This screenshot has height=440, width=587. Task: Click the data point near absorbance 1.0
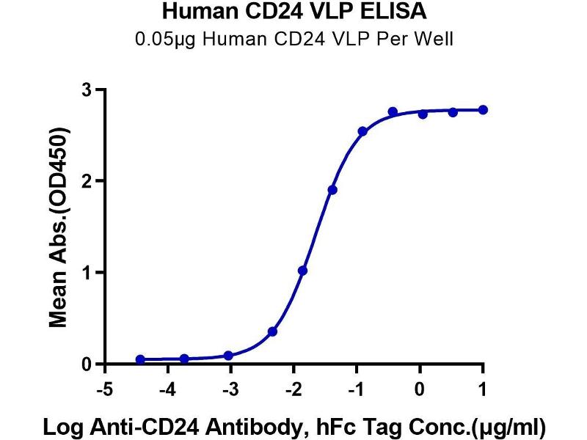pyautogui.click(x=303, y=271)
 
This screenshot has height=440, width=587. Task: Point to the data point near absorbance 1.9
pyautogui.click(x=332, y=190)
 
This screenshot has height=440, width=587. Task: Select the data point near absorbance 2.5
pyautogui.click(x=362, y=131)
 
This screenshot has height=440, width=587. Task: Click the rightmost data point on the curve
pyautogui.click(x=482, y=110)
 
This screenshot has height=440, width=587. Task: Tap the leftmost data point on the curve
pyautogui.click(x=140, y=359)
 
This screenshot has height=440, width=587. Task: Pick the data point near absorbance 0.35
pyautogui.click(x=273, y=331)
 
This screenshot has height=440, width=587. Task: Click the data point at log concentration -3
pyautogui.click(x=228, y=356)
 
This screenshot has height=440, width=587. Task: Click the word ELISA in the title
pyautogui.click(x=397, y=12)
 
